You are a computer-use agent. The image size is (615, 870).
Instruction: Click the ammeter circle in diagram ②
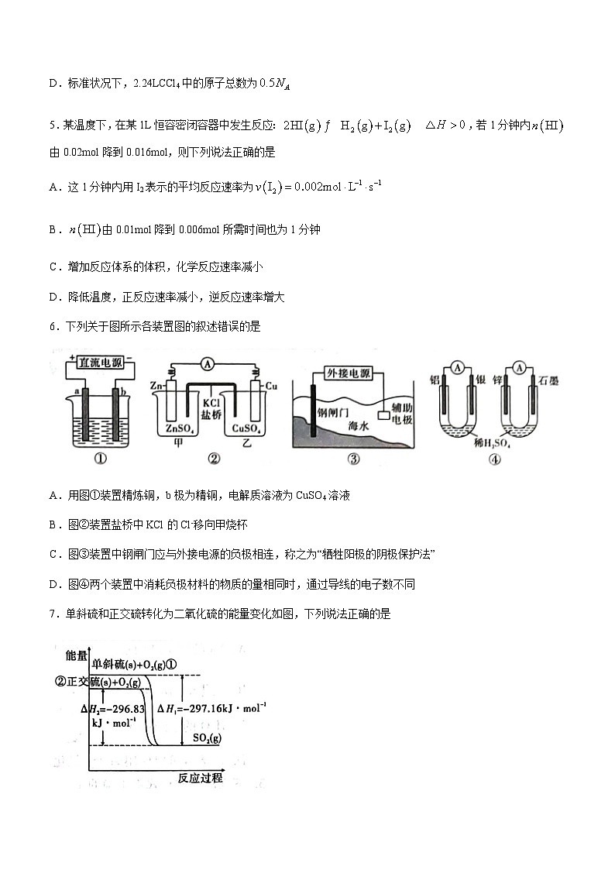(x=206, y=363)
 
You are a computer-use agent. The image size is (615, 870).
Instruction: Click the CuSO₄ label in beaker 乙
(x=246, y=428)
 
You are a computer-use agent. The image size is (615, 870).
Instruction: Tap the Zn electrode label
(x=155, y=385)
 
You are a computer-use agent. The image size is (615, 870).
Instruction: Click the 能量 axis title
(x=77, y=655)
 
